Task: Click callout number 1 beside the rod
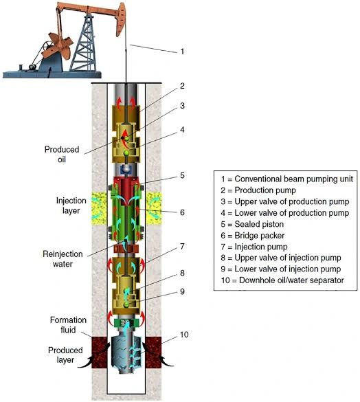(x=182, y=52)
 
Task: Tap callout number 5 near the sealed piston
(x=182, y=176)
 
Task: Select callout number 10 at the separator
(x=184, y=335)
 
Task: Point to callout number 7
(x=182, y=247)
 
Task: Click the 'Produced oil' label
(x=62, y=155)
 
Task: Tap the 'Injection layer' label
(x=71, y=205)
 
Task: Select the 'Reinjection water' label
(x=63, y=259)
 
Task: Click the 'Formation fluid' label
(x=68, y=325)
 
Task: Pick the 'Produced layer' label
(x=65, y=355)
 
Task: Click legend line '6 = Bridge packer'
(x=253, y=235)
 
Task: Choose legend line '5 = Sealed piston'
(x=252, y=224)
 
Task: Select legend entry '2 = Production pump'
(x=258, y=190)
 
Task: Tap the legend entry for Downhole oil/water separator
(x=282, y=280)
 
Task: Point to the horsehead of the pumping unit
(x=121, y=19)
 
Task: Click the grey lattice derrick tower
(x=85, y=43)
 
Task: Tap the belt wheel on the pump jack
(x=47, y=48)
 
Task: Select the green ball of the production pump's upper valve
(x=126, y=139)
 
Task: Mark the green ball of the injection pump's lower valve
(x=126, y=304)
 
